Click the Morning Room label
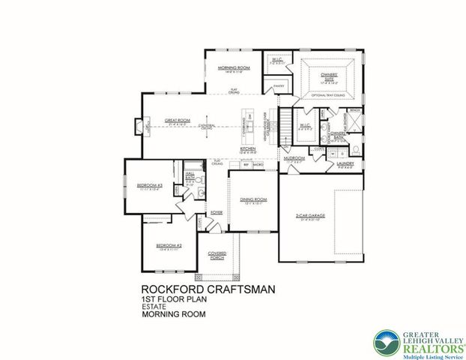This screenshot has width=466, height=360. pyautogui.click(x=233, y=67)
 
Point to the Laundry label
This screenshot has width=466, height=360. pyautogui.click(x=345, y=163)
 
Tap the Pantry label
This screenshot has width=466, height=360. pyautogui.click(x=279, y=87)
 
